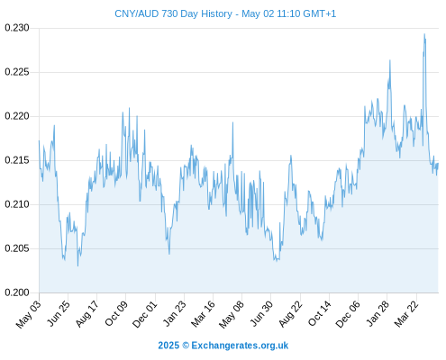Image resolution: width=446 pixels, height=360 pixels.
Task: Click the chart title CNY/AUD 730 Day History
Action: pyautogui.click(x=173, y=13)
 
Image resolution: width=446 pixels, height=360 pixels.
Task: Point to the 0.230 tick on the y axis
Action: pyautogui.click(x=17, y=28)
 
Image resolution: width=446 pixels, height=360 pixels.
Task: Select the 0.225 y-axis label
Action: pyautogui.click(x=17, y=72)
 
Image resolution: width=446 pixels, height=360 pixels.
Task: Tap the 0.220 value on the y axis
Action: pyautogui.click(x=17, y=116)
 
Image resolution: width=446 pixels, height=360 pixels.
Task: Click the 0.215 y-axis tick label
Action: pyautogui.click(x=17, y=160)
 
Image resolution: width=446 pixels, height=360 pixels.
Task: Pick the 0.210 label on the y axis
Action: pyautogui.click(x=17, y=204)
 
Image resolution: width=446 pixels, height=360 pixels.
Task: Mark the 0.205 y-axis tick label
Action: pyautogui.click(x=17, y=248)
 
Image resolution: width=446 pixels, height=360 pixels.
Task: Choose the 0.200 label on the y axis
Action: pyautogui.click(x=17, y=292)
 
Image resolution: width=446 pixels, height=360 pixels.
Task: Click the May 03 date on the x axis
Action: pyautogui.click(x=29, y=314)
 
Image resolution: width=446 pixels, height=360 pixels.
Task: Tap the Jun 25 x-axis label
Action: pyautogui.click(x=59, y=313)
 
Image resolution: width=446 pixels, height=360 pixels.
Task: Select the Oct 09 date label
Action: pyautogui.click(x=116, y=313)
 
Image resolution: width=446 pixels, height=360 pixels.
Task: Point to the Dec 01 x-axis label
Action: pyautogui.click(x=145, y=314)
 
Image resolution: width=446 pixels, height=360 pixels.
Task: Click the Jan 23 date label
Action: pyautogui.click(x=174, y=313)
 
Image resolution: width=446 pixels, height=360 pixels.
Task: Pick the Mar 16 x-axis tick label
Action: pyautogui.click(x=203, y=314)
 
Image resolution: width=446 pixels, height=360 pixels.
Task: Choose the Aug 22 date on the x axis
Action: pyautogui.click(x=290, y=314)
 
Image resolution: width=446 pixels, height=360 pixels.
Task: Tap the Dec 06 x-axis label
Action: pyautogui.click(x=348, y=314)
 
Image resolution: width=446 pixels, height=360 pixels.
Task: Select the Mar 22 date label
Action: pyautogui.click(x=406, y=314)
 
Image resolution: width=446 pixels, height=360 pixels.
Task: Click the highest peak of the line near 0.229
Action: pyautogui.click(x=424, y=34)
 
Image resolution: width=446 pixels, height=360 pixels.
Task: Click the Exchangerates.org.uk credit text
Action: pyautogui.click(x=240, y=346)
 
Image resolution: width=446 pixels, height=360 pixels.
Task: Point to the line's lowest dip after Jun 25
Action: pyautogui.click(x=77, y=265)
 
